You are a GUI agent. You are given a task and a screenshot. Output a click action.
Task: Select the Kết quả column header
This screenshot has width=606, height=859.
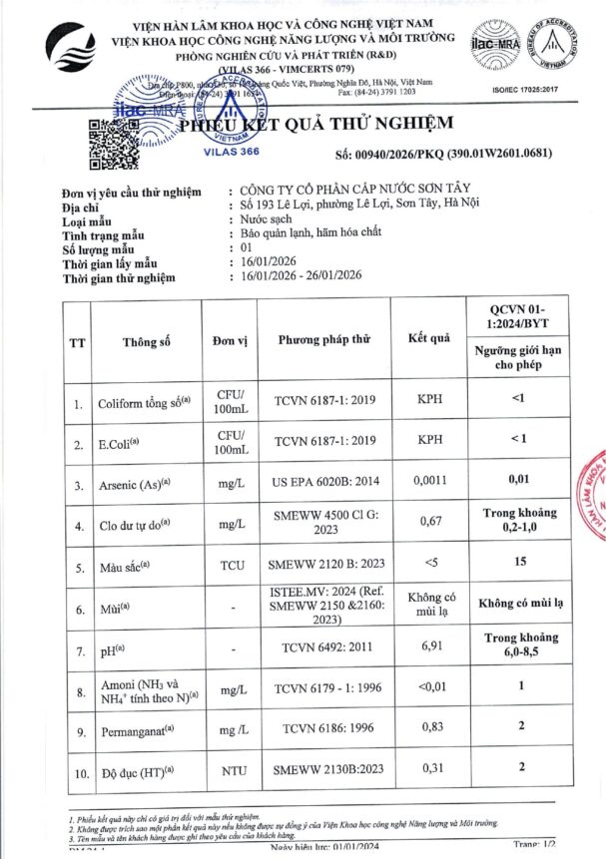tap(429, 339)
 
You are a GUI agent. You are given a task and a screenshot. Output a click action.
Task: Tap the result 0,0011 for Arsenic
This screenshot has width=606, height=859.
tap(430, 481)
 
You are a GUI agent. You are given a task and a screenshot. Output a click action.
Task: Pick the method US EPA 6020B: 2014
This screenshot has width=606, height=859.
tap(320, 482)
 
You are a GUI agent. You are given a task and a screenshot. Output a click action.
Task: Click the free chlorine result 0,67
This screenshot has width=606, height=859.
tap(430, 522)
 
